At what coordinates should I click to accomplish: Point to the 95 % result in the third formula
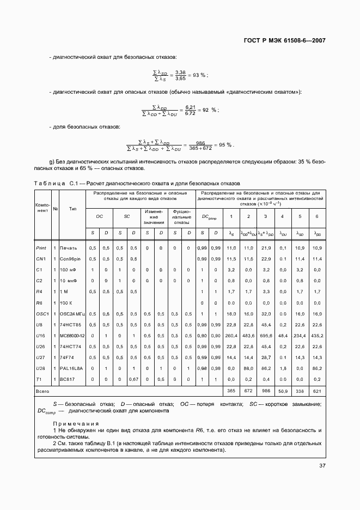click(x=225, y=145)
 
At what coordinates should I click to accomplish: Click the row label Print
click(x=41, y=248)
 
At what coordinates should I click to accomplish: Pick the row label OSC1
click(x=42, y=314)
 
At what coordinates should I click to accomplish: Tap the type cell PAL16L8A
click(x=71, y=368)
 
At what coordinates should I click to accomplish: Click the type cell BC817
click(x=67, y=379)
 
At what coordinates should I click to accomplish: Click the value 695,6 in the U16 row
click(x=265, y=336)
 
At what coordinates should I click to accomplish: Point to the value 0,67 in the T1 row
click(x=133, y=379)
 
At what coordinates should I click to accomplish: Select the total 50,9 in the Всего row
click(x=282, y=391)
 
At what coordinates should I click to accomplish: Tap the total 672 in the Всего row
click(x=248, y=391)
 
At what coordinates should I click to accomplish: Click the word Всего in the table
click(x=43, y=391)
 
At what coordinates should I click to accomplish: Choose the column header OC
click(x=100, y=216)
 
